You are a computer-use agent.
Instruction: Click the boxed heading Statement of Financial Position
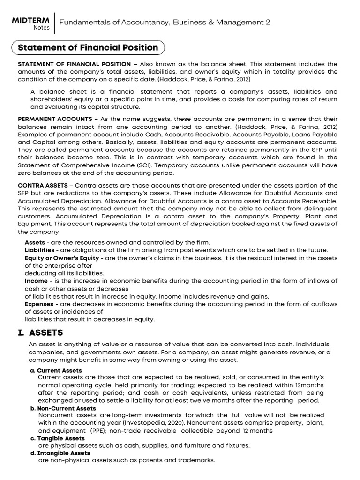coord(88,47)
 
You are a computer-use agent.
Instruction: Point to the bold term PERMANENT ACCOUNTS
coord(55,119)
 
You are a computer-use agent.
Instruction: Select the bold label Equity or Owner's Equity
coord(62,258)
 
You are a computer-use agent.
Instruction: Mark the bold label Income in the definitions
coord(36,281)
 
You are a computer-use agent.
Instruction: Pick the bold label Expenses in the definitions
coord(39,304)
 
